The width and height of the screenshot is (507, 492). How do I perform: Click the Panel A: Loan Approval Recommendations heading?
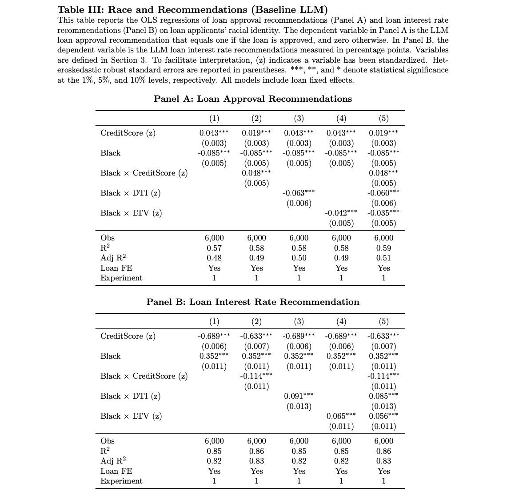click(x=252, y=99)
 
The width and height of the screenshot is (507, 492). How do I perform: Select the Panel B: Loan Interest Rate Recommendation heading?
click(x=252, y=302)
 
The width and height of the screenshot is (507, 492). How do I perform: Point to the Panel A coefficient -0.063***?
click(x=299, y=193)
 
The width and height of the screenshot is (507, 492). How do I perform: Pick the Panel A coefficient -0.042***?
click(x=341, y=213)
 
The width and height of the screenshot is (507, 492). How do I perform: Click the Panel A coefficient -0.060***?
click(x=383, y=193)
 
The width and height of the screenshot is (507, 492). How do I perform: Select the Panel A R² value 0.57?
click(x=214, y=248)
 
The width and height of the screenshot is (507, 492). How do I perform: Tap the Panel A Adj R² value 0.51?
click(x=383, y=258)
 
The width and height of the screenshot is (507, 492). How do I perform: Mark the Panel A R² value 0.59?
click(x=383, y=248)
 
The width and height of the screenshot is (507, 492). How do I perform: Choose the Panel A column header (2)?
click(x=256, y=118)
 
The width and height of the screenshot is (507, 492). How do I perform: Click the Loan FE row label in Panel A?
click(x=116, y=268)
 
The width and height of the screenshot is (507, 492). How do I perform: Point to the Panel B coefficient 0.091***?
click(x=299, y=396)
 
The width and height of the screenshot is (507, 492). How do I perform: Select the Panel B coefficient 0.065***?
click(x=341, y=416)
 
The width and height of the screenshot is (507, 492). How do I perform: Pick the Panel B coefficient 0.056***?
click(x=383, y=416)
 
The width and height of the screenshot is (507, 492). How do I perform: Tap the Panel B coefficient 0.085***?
click(x=383, y=396)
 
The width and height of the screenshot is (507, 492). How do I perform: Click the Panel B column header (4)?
click(x=341, y=321)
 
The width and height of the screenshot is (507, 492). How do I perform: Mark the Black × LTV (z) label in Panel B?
click(x=131, y=416)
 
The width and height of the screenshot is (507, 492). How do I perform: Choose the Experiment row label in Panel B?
click(x=121, y=481)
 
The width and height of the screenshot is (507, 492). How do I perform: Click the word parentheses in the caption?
click(x=255, y=70)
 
